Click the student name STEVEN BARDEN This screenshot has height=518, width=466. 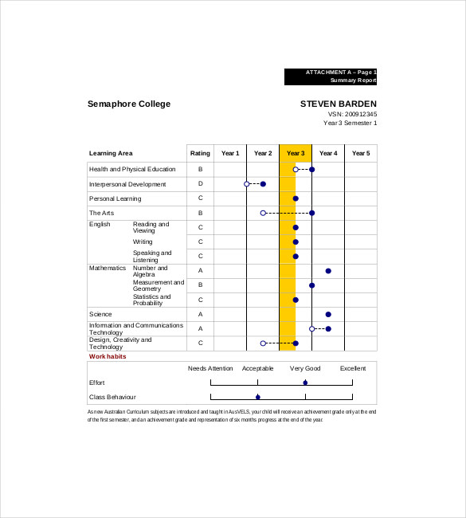[x=338, y=104]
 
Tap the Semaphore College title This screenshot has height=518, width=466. [x=129, y=104]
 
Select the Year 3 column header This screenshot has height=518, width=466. [x=296, y=153]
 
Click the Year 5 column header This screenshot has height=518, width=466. [x=361, y=153]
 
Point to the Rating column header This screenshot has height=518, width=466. [x=200, y=153]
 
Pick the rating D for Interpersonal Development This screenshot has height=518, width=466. [x=200, y=184]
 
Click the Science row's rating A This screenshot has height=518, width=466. [x=200, y=314]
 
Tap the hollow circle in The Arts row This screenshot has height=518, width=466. [x=263, y=213]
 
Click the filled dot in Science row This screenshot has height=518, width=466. [x=328, y=314]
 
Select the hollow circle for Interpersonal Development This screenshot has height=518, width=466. [x=247, y=184]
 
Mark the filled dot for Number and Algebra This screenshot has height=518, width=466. [x=328, y=271]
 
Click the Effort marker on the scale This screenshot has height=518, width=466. [x=305, y=383]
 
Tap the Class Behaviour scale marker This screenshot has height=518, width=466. [x=257, y=396]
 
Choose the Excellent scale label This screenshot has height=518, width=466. [x=353, y=368]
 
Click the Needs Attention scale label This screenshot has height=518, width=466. [x=210, y=368]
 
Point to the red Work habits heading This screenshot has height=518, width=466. [x=108, y=356]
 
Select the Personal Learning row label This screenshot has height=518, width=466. [x=115, y=198]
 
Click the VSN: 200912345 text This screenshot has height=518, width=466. [x=352, y=114]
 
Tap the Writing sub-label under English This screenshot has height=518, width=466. [x=143, y=241]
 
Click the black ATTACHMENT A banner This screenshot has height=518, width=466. [x=331, y=77]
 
